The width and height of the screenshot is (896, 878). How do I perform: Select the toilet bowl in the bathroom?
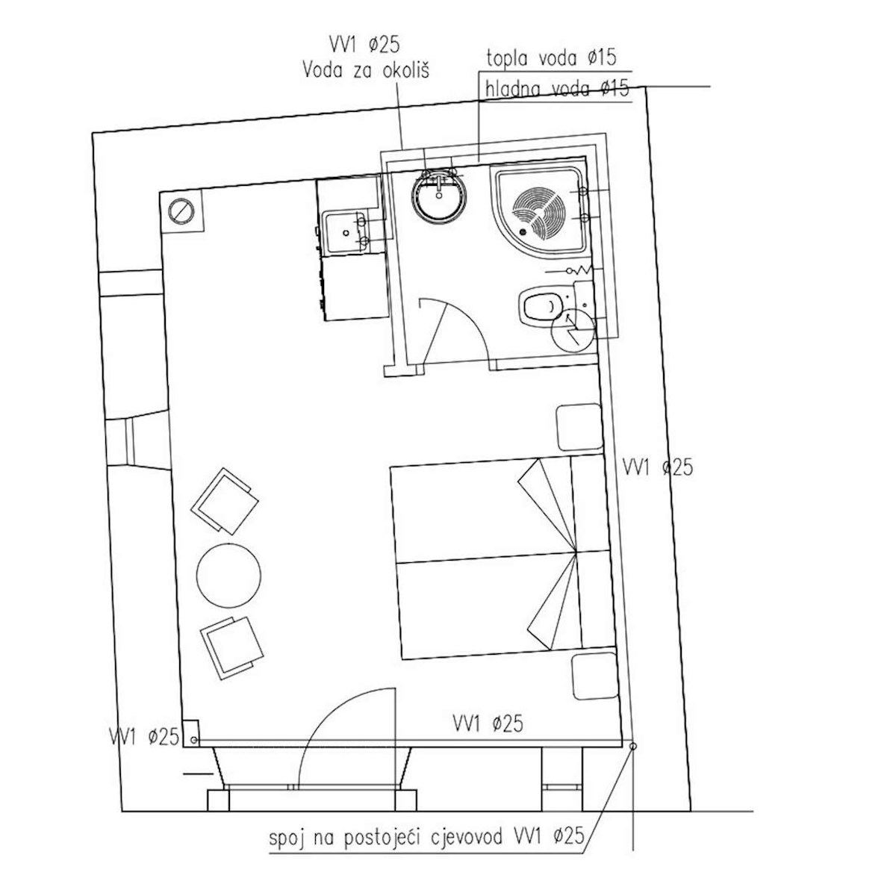[541, 308]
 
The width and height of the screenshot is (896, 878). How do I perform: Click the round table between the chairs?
[228, 576]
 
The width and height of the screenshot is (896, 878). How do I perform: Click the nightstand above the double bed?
[579, 427]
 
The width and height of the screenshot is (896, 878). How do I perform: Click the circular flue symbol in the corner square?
[181, 212]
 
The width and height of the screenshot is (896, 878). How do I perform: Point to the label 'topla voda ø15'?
[551, 58]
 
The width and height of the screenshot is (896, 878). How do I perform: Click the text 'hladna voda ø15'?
[557, 88]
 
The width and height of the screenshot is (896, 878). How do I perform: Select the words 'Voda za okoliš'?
[366, 71]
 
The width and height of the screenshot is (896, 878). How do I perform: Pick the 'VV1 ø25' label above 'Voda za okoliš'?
[364, 46]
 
